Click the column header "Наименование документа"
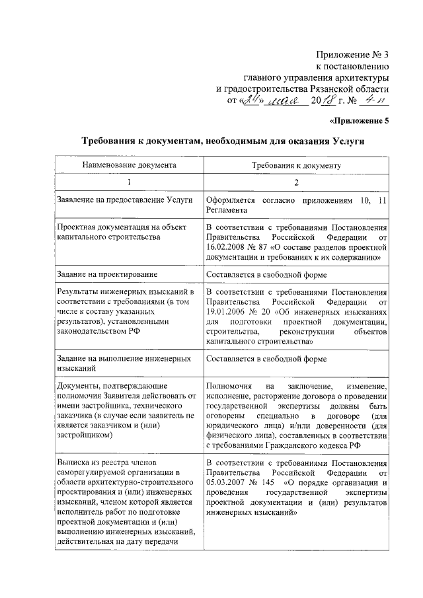[130, 165]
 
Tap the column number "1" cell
[130, 182]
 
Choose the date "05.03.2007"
[228, 482]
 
